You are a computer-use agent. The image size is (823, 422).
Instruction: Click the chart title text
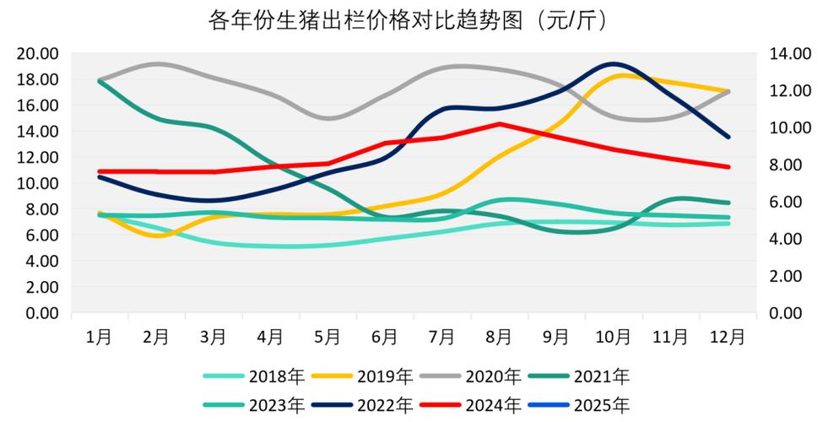410,19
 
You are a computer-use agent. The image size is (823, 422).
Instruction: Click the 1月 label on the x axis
99,337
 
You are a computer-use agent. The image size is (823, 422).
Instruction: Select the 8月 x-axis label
499,337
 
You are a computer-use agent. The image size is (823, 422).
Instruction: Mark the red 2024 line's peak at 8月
499,124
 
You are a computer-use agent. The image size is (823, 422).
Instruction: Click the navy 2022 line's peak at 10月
613,63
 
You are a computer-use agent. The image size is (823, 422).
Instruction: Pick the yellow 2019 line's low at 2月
157,235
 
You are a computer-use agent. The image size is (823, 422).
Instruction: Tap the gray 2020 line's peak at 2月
159,63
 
